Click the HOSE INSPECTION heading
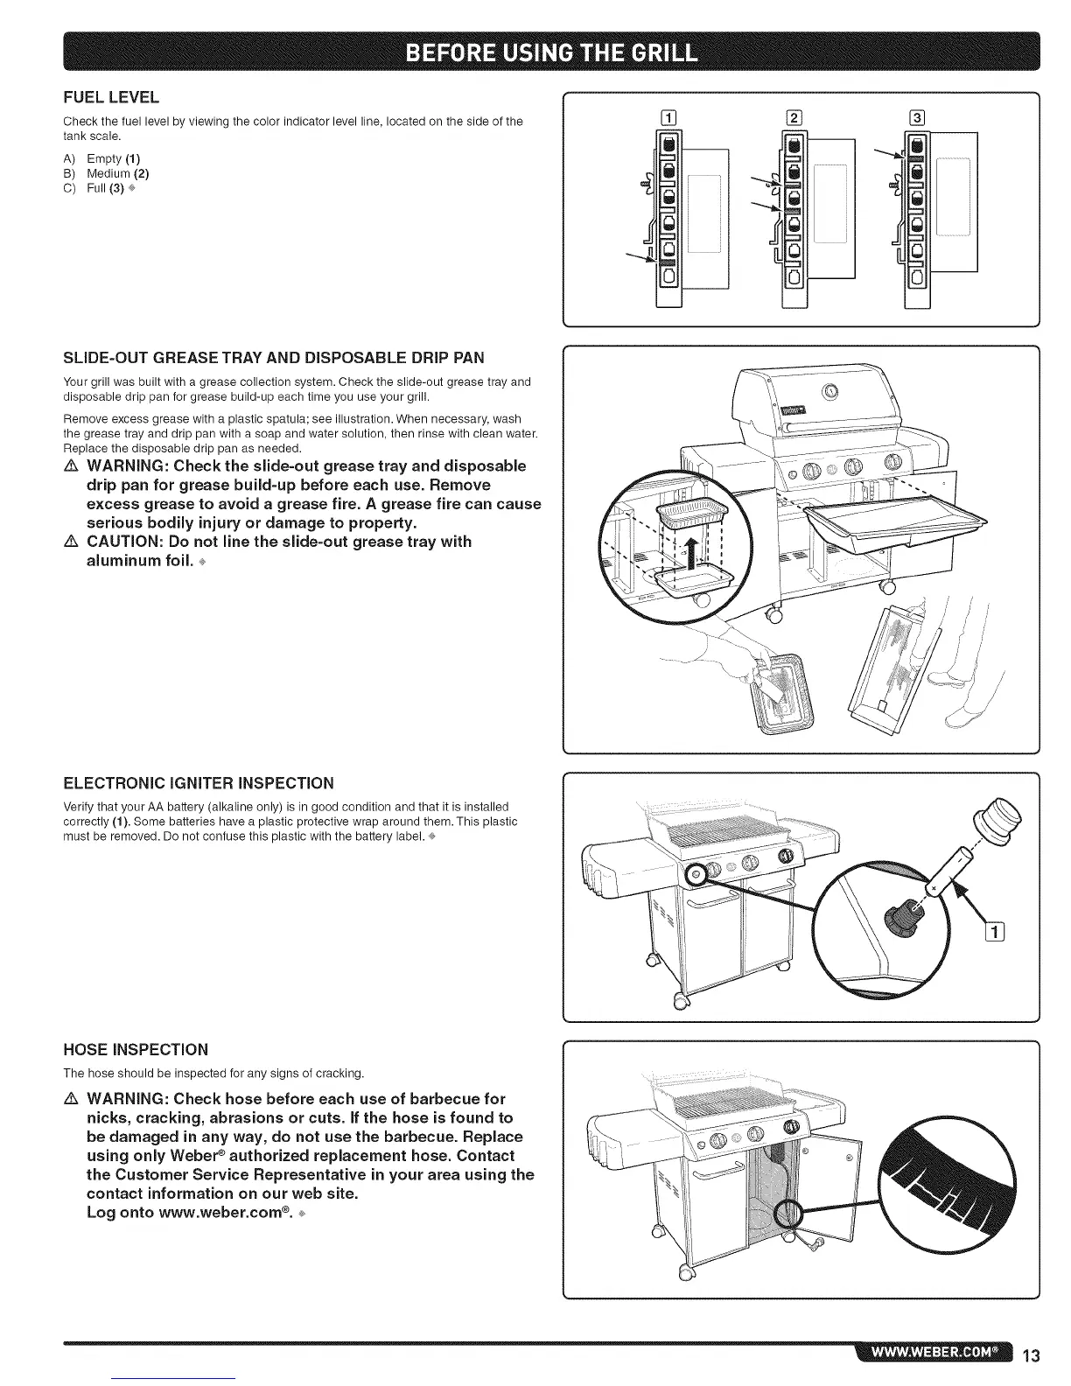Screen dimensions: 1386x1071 (x=136, y=1049)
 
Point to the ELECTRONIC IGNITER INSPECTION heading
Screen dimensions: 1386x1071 (x=199, y=782)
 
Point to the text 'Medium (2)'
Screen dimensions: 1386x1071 (x=117, y=173)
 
